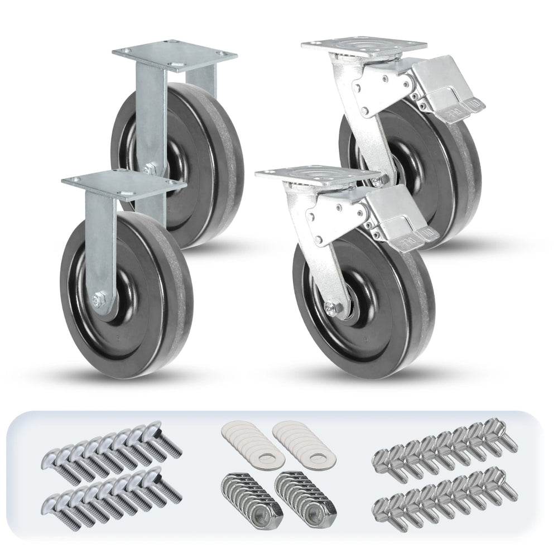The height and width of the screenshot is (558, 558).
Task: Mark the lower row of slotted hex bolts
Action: coord(444,491)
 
